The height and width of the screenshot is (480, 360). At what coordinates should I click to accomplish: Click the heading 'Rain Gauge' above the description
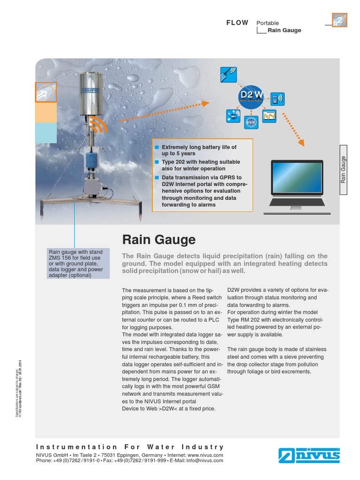pyautogui.click(x=159, y=240)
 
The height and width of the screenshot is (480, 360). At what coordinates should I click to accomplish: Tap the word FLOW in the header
pyautogui.click(x=237, y=22)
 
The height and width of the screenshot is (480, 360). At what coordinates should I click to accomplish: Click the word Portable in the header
pyautogui.click(x=268, y=23)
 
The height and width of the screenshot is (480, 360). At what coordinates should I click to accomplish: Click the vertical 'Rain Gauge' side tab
pyautogui.click(x=344, y=169)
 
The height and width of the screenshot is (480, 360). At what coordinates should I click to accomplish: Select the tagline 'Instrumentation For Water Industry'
pyautogui.click(x=130, y=447)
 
